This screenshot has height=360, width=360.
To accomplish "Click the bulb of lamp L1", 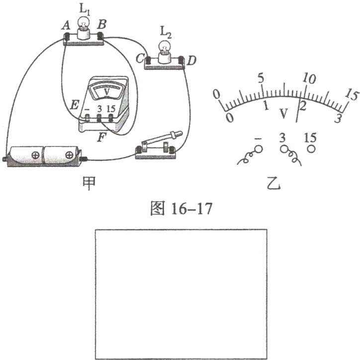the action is pos(84,22).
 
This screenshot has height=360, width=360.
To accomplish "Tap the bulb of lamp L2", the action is pos(165,46).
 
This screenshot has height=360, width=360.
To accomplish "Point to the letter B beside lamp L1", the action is pos(101,24).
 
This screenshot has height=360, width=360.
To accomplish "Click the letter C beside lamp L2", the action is pos(140,59).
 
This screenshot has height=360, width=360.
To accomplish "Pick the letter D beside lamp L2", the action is pos(191,61).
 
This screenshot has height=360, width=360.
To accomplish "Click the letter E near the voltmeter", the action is pos(74,106).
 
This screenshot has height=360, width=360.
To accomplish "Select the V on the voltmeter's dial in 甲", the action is pos(107,92).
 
